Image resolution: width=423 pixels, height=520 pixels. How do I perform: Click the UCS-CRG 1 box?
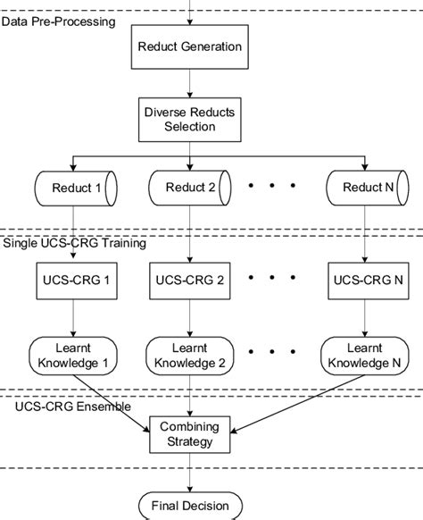point(75,280)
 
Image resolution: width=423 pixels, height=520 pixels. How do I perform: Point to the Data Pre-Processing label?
point(58,19)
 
